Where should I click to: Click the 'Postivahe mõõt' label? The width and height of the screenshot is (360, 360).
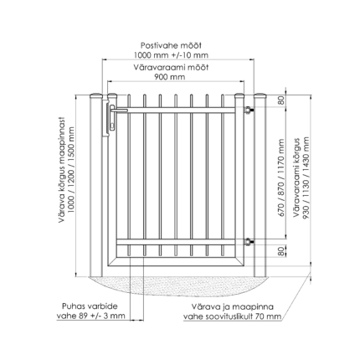click(x=171, y=45)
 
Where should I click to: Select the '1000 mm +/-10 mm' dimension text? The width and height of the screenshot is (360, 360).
click(x=171, y=55)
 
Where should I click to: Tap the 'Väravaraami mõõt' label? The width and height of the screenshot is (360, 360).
click(x=171, y=67)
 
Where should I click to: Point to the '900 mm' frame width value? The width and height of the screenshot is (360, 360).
click(x=170, y=77)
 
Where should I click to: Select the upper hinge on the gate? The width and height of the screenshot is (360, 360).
click(x=248, y=110)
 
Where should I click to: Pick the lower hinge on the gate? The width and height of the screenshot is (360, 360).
click(x=248, y=242)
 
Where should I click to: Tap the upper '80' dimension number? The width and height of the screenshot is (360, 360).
click(x=282, y=100)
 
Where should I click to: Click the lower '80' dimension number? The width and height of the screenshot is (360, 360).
click(x=282, y=251)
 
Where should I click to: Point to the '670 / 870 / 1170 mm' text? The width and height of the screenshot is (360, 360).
click(x=281, y=178)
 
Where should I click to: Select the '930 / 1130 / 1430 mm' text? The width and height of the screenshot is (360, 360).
click(x=306, y=178)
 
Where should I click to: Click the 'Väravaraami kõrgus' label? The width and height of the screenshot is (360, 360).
click(x=296, y=177)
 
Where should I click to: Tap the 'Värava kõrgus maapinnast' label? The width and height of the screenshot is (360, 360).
click(x=62, y=170)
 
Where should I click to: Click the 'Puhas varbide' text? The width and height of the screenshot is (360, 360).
click(x=90, y=306)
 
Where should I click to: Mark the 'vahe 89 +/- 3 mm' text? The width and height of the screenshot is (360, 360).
click(x=91, y=316)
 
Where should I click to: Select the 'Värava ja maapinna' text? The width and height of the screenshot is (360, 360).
click(x=233, y=306)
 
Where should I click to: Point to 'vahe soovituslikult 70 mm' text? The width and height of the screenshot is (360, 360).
click(x=232, y=316)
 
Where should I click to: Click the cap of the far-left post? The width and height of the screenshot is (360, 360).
click(x=96, y=95)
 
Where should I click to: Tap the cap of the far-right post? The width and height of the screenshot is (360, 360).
click(x=260, y=95)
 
